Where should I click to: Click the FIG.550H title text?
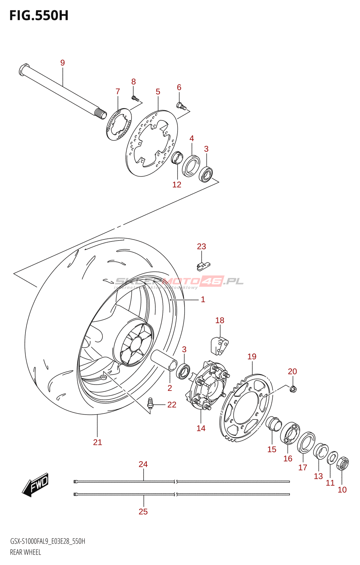[39, 16]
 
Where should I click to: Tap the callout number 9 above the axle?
[62, 63]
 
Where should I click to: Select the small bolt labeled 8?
[134, 97]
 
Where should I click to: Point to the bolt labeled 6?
[181, 106]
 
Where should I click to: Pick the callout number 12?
[176, 184]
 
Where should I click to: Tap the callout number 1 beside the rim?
[203, 299]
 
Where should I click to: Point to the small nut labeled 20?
[293, 389]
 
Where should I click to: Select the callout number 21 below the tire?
[97, 442]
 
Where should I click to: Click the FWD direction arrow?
[35, 484]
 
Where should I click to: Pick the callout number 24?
[143, 464]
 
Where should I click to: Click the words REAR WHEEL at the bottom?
[25, 552]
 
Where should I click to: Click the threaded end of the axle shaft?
[101, 114]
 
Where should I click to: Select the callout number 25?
[143, 511]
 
